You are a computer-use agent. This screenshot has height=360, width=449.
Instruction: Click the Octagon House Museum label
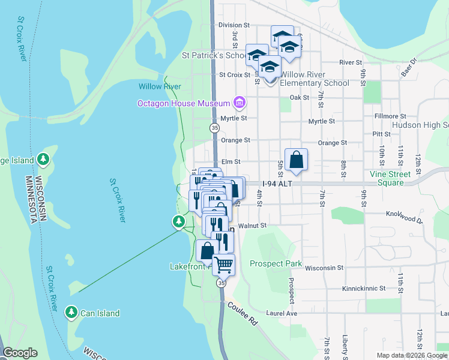[x=184, y=103]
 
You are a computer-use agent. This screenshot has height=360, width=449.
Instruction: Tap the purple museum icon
[x=240, y=103]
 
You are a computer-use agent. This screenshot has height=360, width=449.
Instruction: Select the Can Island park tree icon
[x=71, y=313]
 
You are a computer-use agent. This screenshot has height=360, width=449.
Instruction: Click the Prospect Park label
[x=276, y=263]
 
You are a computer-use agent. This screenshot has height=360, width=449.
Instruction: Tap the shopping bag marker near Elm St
[x=296, y=160]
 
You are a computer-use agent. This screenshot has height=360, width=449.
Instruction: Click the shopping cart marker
[x=224, y=264]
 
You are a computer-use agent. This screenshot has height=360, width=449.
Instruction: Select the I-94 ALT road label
[x=276, y=184]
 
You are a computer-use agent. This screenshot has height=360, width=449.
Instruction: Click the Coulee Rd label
[x=243, y=313]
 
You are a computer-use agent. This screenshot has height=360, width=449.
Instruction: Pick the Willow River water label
[x=160, y=86]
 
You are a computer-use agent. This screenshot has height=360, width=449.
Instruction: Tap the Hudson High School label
[x=420, y=125]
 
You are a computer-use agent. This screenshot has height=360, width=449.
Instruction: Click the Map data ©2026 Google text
[x=411, y=355]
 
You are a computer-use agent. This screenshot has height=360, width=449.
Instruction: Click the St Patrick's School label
[x=214, y=55]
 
